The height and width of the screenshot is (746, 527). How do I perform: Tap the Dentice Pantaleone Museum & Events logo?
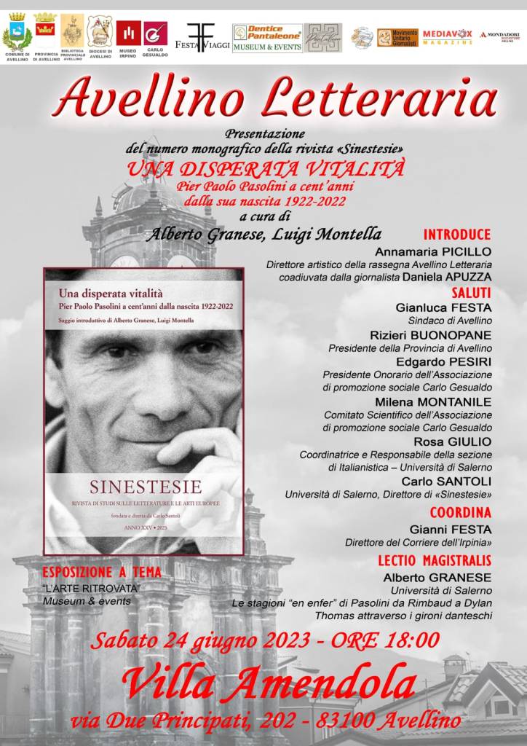coord(266,37)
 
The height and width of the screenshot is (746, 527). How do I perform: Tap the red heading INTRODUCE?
coord(457,235)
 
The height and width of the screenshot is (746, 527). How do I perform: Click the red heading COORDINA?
coord(460,512)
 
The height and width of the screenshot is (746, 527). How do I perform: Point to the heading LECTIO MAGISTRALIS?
coord(435,560)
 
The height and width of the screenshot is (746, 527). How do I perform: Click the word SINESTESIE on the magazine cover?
coord(146,487)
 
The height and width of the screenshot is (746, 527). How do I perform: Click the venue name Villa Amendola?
coord(269,683)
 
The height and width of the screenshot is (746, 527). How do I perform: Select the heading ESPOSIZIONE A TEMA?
coord(102,573)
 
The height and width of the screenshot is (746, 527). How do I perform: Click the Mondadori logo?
coord(500,36)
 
